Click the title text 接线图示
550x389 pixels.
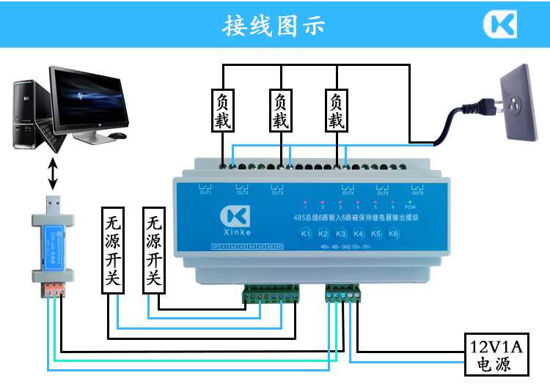tap(274, 26)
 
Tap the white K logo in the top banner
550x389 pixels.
tap(499, 24)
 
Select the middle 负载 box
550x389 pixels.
tap(280, 111)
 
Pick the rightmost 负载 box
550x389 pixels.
tap(337, 111)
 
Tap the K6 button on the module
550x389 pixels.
tap(393, 234)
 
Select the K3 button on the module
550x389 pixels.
tap(341, 234)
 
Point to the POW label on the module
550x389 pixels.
tap(411, 208)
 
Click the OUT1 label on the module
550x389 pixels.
tap(205, 193)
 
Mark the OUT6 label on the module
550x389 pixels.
tap(418, 193)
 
